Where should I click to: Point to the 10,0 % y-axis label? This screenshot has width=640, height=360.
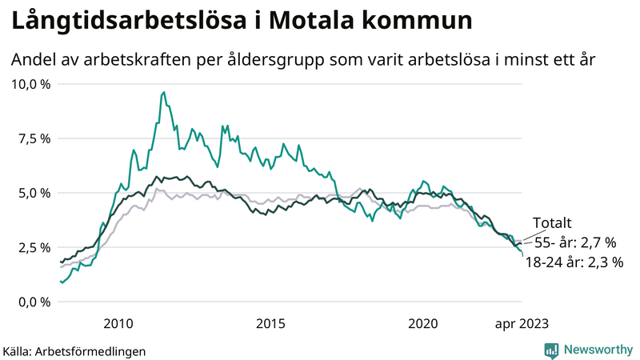(x=31, y=84)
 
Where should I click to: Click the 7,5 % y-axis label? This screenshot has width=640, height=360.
(x=34, y=138)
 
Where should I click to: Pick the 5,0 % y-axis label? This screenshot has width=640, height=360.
(x=34, y=193)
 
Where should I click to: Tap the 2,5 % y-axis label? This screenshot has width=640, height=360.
(x=34, y=247)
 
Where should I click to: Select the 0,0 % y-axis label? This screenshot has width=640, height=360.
(x=34, y=302)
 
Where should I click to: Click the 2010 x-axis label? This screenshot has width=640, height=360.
(x=118, y=323)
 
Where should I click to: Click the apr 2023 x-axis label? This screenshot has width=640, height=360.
(x=521, y=323)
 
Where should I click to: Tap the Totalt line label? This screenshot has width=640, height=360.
(x=553, y=224)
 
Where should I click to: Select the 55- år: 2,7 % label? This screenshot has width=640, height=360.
(x=574, y=242)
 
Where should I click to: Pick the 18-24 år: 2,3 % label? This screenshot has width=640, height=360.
(x=574, y=262)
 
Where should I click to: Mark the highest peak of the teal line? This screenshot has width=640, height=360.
(x=164, y=93)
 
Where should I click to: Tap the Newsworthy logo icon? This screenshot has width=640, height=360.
(x=551, y=350)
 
